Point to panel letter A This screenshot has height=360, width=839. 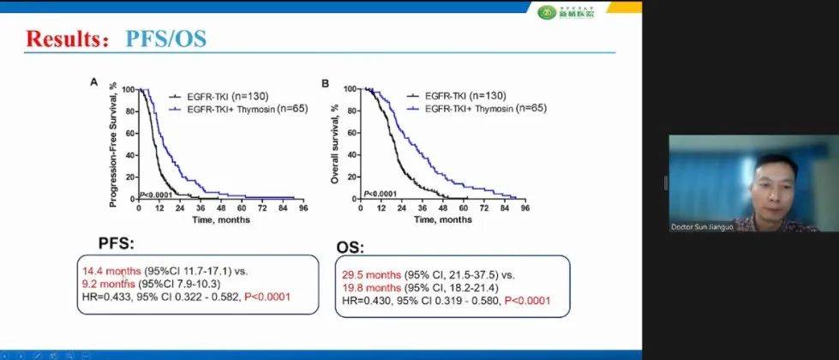tap(94, 82)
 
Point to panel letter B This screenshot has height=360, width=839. tap(325, 83)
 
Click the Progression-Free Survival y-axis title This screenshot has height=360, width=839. tap(112, 144)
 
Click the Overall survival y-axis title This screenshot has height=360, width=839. tap(336, 144)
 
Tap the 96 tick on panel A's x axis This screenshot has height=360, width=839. tap(303, 207)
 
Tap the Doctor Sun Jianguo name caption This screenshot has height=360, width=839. tap(707, 227)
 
